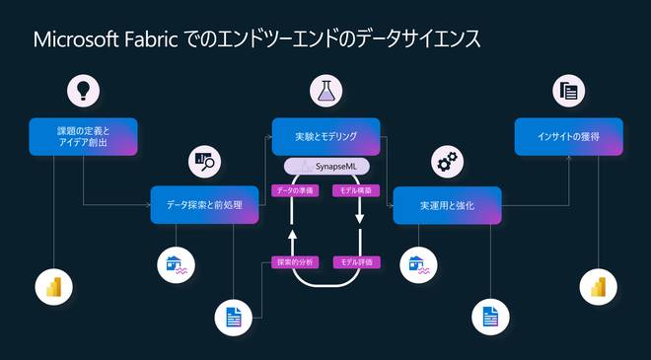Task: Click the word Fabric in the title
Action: point(149,41)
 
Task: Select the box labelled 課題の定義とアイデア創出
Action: point(83,136)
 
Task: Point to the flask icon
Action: point(327,92)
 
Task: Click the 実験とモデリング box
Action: point(326,136)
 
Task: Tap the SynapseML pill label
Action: point(326,166)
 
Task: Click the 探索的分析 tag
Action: point(293,261)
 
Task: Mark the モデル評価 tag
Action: point(355,261)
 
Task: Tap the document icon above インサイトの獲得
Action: point(568,92)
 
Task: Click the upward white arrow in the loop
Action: point(292,237)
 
